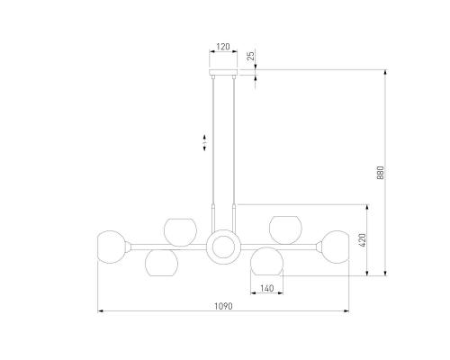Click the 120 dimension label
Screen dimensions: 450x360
(x=223, y=47)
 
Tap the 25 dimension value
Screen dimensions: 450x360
(x=251, y=56)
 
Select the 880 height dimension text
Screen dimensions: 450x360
(x=380, y=173)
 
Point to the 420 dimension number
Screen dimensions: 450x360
(x=363, y=240)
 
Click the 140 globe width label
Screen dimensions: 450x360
(x=266, y=288)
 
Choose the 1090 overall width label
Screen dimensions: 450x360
(x=223, y=306)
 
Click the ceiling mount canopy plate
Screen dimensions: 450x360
(x=223, y=72)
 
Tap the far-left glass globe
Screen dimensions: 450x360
(x=111, y=247)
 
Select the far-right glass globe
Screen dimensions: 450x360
(x=336, y=247)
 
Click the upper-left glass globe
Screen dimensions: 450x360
(x=180, y=232)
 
